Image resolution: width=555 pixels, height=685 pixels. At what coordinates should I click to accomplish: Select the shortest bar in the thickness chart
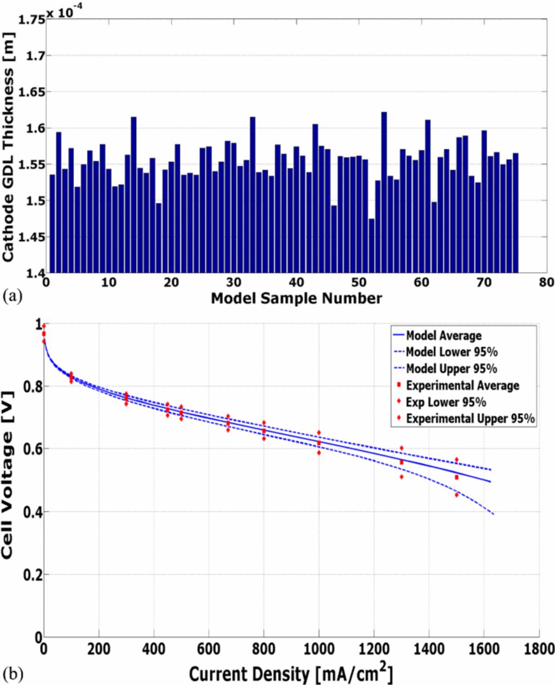(372, 246)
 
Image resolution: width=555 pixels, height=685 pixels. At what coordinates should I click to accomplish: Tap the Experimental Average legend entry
(462, 385)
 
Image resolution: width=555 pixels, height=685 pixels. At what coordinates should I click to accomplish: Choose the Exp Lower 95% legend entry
(445, 402)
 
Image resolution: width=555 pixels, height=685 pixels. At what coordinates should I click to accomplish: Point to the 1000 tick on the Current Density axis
(319, 649)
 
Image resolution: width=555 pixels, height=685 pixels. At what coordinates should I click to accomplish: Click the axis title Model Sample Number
(296, 298)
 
